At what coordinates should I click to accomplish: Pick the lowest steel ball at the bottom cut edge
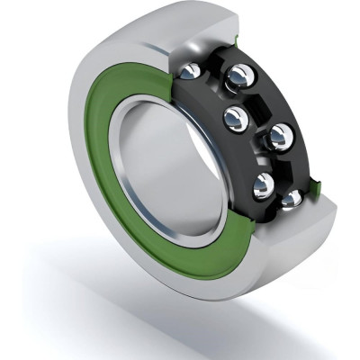pyautogui.click(x=291, y=198)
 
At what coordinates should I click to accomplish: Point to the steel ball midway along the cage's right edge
pyautogui.click(x=281, y=137)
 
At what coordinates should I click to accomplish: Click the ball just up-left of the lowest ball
pyautogui.click(x=264, y=184)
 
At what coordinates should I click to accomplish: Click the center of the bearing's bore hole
pyautogui.click(x=171, y=166)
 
